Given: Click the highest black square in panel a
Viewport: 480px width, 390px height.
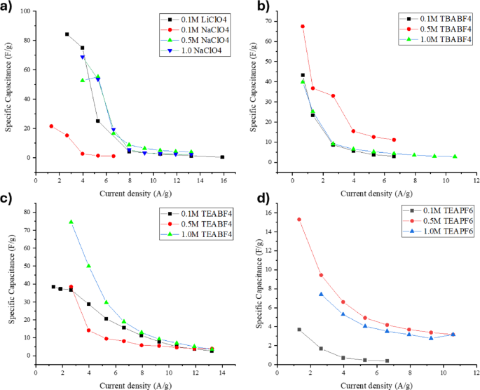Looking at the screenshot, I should click(67, 34).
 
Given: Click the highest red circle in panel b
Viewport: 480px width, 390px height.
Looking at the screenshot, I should click(303, 27).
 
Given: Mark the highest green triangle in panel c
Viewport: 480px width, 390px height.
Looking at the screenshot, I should click(71, 222).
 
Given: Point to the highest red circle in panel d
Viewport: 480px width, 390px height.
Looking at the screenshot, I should click(299, 220).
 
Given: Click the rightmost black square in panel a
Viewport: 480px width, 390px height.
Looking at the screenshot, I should click(222, 157).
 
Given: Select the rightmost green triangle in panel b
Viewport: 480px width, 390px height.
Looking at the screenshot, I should click(455, 156).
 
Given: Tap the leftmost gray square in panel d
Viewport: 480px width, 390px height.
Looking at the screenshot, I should click(299, 330).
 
